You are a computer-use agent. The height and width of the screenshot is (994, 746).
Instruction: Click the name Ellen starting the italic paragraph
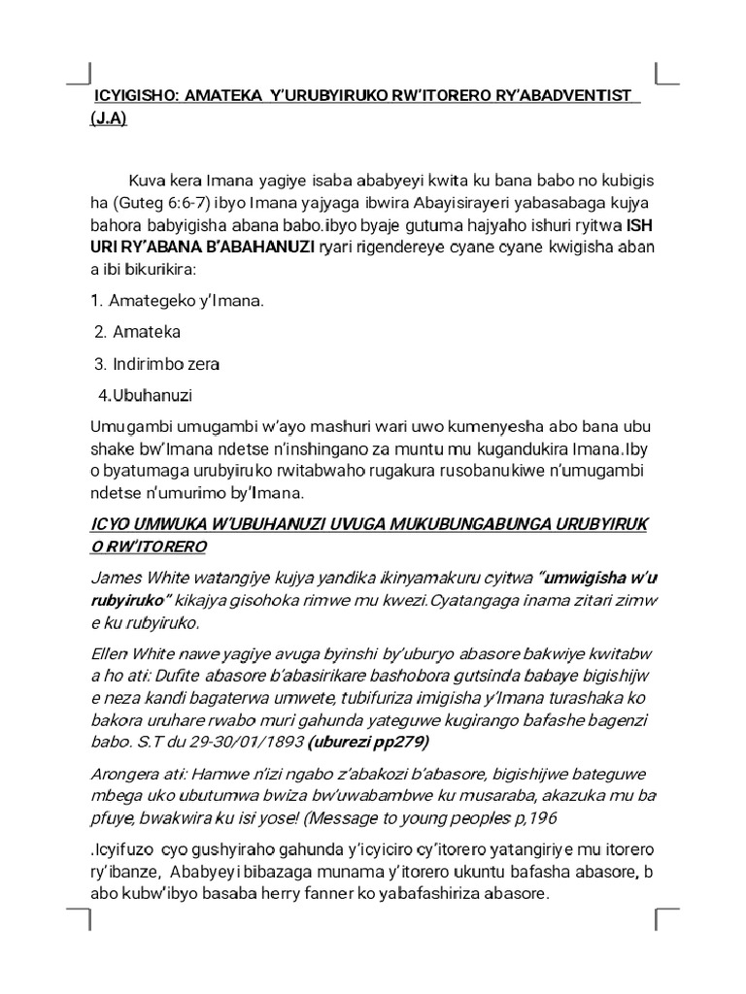click(x=110, y=653)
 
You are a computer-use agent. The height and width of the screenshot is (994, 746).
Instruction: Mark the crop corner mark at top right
click(x=667, y=73)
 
